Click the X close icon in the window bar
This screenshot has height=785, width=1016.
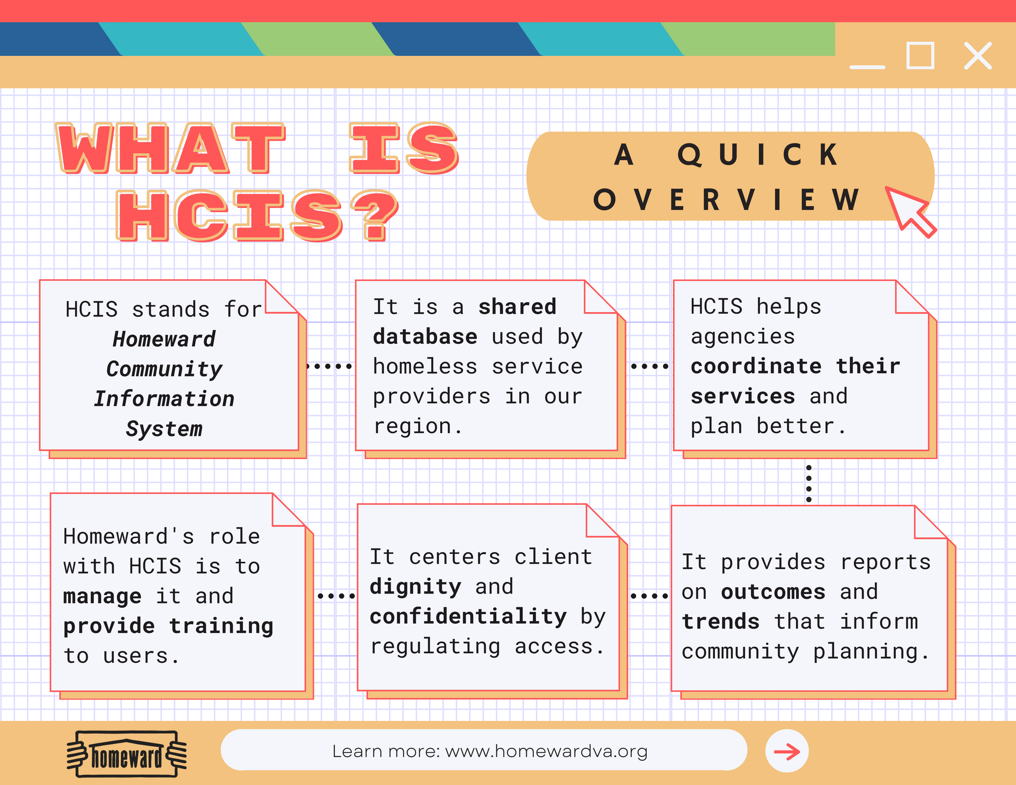click(x=978, y=56)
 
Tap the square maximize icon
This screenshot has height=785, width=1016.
click(x=920, y=56)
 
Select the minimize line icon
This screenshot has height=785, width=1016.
click(x=867, y=67)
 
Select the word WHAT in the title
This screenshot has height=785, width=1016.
click(x=170, y=148)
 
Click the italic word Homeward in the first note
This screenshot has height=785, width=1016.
click(x=164, y=339)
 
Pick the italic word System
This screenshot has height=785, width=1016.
click(x=164, y=429)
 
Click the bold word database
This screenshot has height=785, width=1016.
click(x=425, y=337)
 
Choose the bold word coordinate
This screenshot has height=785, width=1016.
click(x=756, y=366)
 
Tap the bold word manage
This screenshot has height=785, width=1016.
click(x=102, y=597)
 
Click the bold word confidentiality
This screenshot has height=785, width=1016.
click(x=468, y=617)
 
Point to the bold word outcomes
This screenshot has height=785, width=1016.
click(x=773, y=592)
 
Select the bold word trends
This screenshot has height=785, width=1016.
click(x=721, y=622)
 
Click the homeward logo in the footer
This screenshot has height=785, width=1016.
click(x=127, y=754)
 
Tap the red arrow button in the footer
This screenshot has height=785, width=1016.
click(x=787, y=751)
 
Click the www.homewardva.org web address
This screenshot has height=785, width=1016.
click(x=547, y=751)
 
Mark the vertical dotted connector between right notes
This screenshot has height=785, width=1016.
click(x=809, y=483)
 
